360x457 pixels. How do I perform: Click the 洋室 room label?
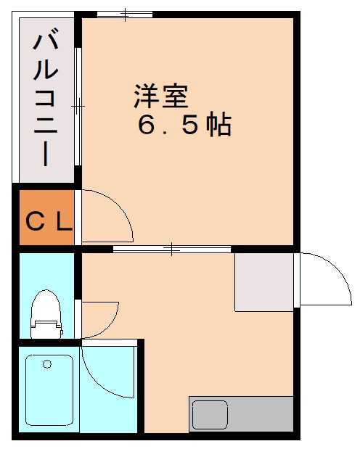pyautogui.click(x=160, y=96)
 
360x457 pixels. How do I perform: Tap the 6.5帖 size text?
pyautogui.click(x=184, y=126)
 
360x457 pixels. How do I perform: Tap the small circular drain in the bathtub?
pyautogui.click(x=48, y=363)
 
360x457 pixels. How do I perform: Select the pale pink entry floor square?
pyautogui.click(x=264, y=282)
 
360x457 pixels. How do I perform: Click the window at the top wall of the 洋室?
pyautogui.click(x=125, y=14)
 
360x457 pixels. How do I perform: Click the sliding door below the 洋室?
pyautogui.click(x=172, y=250)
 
